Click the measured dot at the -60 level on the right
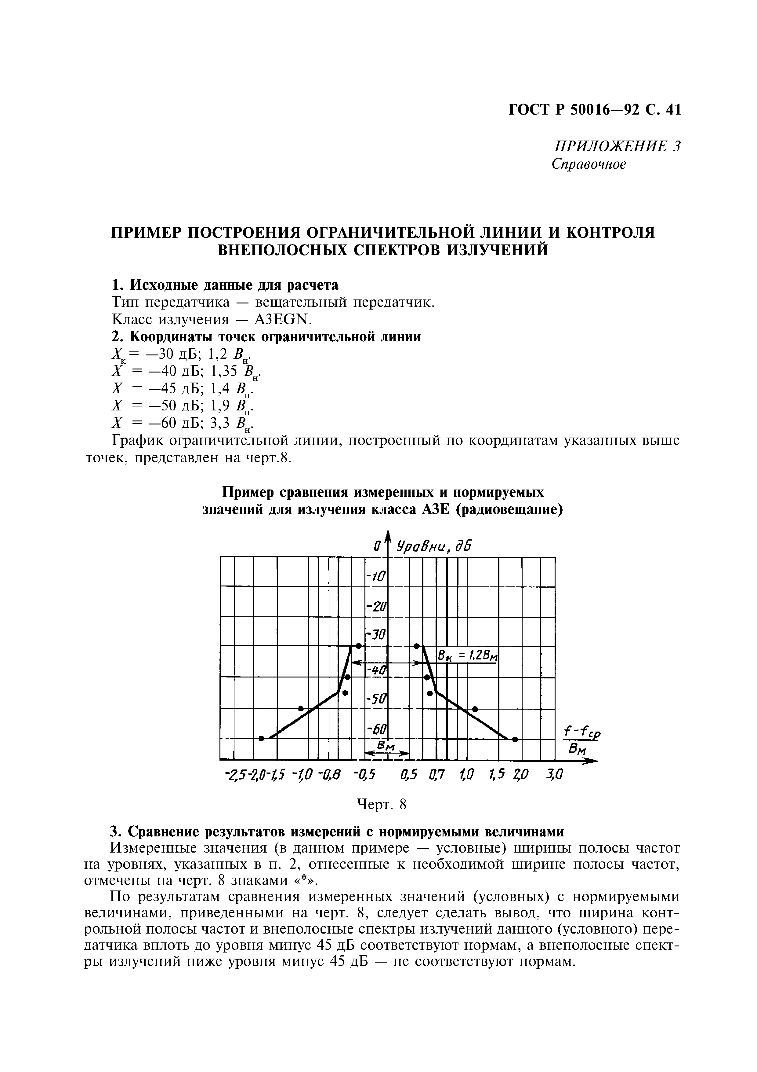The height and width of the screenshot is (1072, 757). (515, 739)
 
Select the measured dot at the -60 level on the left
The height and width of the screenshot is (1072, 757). (262, 738)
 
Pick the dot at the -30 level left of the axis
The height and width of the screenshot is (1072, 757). (358, 646)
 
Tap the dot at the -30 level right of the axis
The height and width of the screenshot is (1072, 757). (417, 646)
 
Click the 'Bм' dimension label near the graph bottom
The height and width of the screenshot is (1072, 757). (387, 747)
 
